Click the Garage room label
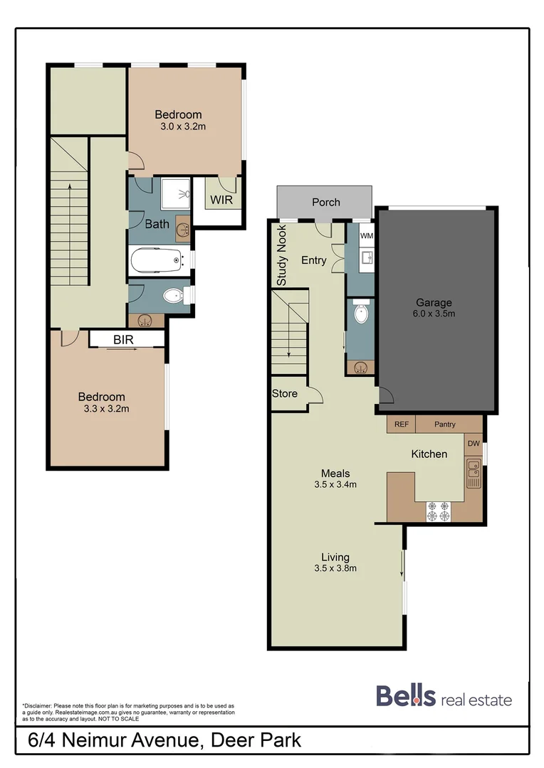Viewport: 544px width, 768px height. pos(434,303)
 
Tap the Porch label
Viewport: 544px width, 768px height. pos(326,202)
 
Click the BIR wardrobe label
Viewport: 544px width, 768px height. pos(123,340)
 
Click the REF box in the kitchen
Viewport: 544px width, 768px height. pos(402,425)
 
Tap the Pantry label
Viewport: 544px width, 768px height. pos(445,425)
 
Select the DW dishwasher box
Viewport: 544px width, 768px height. pos(474,444)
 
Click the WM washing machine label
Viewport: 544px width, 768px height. pos(366,235)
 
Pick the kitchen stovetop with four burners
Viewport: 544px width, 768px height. pos(438,511)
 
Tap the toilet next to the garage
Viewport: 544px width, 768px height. pos(362,314)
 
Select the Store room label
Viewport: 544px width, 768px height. pos(285,393)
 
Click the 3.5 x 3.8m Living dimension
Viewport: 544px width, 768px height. pos(335,568)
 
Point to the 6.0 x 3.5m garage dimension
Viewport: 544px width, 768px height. pos(434,314)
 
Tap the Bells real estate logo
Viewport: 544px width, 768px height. pos(444,697)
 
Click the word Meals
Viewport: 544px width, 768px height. pos(335,473)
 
